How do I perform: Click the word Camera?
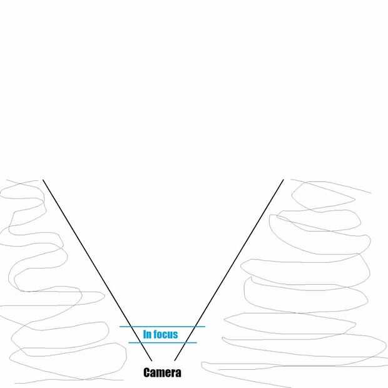click(162, 373)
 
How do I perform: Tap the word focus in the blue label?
click(166, 334)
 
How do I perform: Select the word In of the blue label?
click(148, 334)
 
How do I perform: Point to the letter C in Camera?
click(147, 373)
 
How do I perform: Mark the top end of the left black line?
click(43, 180)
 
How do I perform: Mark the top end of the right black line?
click(283, 180)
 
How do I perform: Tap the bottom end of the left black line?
click(152, 361)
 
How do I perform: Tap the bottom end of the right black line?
click(174, 361)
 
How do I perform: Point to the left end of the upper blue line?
click(120, 327)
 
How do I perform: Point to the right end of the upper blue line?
click(205, 327)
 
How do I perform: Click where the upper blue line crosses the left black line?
click(131, 327)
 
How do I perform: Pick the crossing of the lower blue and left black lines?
click(141, 342)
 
